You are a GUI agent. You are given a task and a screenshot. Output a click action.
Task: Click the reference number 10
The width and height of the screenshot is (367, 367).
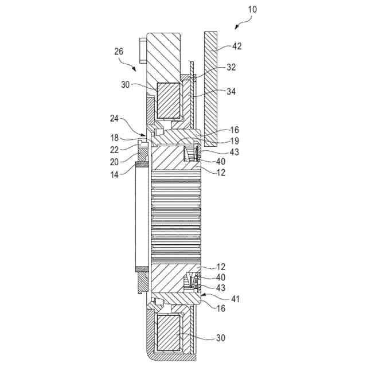pos(252,9)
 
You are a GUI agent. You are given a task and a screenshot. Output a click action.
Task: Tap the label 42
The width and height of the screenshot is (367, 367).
pos(237,46)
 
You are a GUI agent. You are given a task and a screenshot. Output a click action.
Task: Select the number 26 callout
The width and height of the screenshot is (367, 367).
pos(119,51)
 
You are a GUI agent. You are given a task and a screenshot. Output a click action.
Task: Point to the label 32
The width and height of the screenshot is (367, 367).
pos(231,67)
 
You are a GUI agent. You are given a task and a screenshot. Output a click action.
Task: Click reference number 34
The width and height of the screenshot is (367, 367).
pos(231,91)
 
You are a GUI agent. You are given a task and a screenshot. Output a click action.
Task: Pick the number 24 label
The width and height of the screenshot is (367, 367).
pos(114,118)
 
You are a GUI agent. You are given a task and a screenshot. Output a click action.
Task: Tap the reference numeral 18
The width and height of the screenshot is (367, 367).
pos(115,138)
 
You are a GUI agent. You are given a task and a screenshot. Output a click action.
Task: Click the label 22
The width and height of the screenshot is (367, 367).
pos(115,150)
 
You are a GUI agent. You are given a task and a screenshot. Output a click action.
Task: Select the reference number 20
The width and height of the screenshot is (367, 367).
pos(115,162)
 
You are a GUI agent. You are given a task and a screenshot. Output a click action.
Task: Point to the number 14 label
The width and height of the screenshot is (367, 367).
pos(115,174)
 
